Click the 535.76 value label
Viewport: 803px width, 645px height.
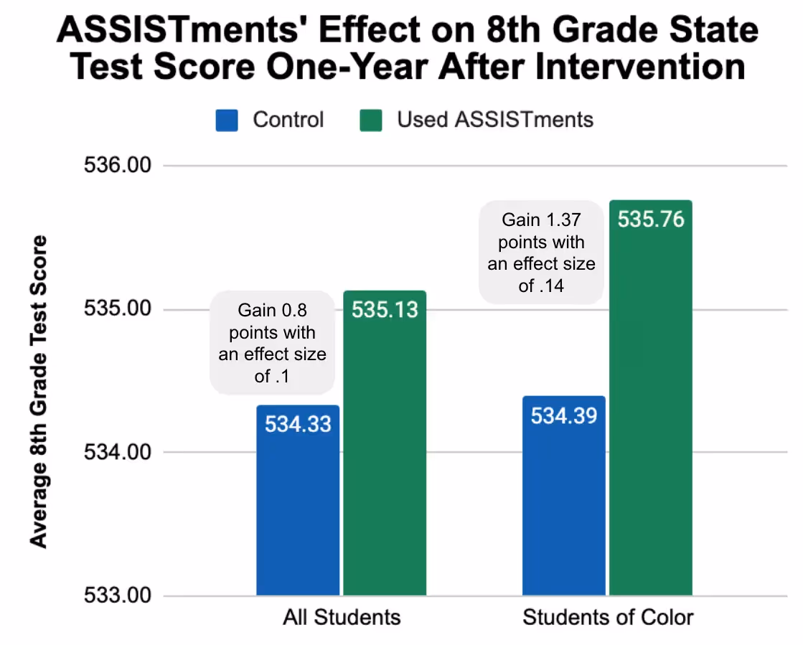point(651,219)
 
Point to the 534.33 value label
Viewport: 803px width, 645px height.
point(298,423)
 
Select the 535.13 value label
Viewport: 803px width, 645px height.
point(385,309)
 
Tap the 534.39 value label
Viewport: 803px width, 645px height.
point(564,415)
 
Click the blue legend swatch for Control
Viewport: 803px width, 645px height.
point(227,120)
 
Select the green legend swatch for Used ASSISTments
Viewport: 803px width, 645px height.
point(370,120)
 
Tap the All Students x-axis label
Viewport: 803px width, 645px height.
point(341,618)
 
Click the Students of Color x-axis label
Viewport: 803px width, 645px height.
point(608,618)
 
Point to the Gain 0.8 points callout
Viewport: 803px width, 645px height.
point(272,343)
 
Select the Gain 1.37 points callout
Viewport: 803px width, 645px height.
point(541,253)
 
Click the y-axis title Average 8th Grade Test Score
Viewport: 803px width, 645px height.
point(39,391)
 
